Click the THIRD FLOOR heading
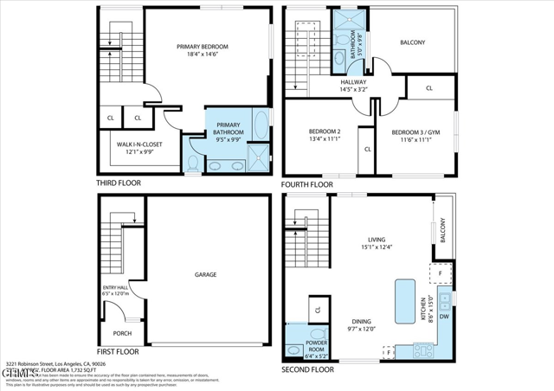(x=119, y=183)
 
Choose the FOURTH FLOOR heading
(x=307, y=185)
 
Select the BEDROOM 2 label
(x=325, y=136)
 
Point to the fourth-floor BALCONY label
(x=412, y=42)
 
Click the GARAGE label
(x=205, y=274)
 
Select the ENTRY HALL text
(x=115, y=292)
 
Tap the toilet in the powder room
(x=318, y=333)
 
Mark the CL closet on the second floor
(x=318, y=309)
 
